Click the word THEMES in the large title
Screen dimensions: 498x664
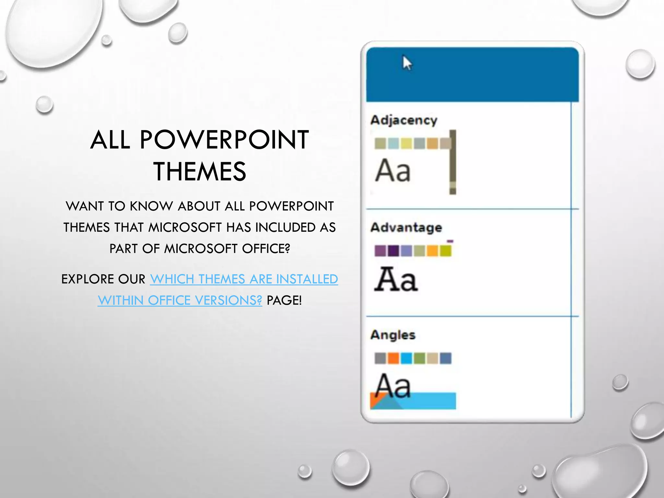(x=200, y=172)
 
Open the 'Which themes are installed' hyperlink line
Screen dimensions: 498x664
(x=244, y=279)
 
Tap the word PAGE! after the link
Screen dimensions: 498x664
(x=284, y=300)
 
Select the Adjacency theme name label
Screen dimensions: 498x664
(x=404, y=120)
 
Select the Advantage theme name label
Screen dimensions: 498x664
(x=406, y=228)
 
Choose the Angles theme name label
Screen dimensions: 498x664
(x=393, y=335)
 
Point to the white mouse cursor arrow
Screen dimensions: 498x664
(x=407, y=63)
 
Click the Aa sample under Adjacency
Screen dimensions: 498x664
(x=393, y=171)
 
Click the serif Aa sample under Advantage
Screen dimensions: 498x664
(x=396, y=279)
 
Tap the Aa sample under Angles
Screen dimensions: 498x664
(x=393, y=385)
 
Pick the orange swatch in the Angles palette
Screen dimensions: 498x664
(x=393, y=359)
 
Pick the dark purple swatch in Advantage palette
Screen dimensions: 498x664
(x=393, y=251)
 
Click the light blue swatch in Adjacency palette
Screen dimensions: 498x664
(x=393, y=143)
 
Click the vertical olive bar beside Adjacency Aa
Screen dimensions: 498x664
(x=453, y=162)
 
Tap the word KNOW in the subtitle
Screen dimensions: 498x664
(x=151, y=206)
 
